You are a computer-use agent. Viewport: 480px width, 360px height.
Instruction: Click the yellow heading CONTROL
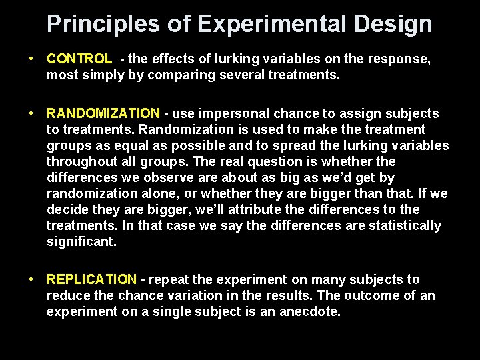point(79,59)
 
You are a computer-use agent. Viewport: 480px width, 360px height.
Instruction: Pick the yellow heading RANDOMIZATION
point(103,113)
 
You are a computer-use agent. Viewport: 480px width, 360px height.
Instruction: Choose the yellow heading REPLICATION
point(91,279)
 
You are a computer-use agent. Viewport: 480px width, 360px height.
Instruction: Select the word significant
point(81,241)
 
